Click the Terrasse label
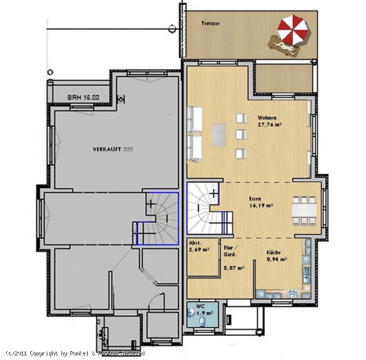[210, 23]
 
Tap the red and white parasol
[293, 30]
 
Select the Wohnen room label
[267, 118]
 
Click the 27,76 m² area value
[270, 125]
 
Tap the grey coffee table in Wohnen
[219, 135]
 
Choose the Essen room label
[255, 199]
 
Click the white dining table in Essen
[304, 211]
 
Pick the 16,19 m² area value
[261, 205]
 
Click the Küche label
[274, 252]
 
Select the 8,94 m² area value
[277, 259]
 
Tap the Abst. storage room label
[195, 243]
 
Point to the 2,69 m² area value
[199, 249]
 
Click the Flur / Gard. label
[230, 251]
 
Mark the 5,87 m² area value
[234, 268]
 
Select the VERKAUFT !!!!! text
[113, 149]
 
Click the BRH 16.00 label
[84, 97]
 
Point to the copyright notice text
[75, 353]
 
